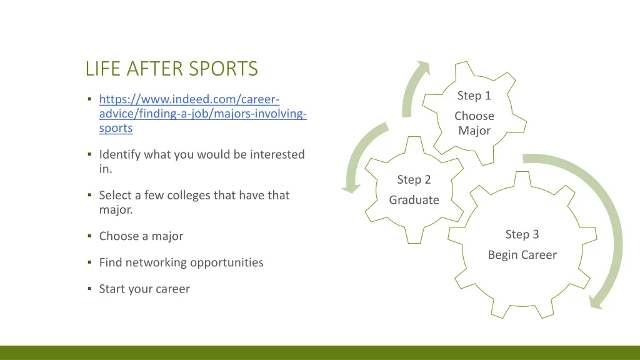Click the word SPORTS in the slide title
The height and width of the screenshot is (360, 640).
[225, 68]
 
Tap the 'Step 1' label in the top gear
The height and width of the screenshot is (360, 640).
[474, 96]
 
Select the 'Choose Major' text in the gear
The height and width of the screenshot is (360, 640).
[474, 123]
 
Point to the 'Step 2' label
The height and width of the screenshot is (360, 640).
[414, 179]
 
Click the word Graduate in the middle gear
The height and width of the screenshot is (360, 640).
[414, 200]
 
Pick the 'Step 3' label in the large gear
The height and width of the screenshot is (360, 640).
[522, 234]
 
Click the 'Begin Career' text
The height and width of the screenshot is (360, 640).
[522, 255]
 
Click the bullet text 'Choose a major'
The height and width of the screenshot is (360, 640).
[141, 236]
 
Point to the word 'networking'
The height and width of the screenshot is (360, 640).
[156, 262]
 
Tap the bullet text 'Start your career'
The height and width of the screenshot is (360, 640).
[144, 289]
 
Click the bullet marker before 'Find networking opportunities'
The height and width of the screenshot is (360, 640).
[89, 262]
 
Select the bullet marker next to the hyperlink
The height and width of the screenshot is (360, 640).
[89, 99]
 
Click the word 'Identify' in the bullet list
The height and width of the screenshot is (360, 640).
[120, 154]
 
